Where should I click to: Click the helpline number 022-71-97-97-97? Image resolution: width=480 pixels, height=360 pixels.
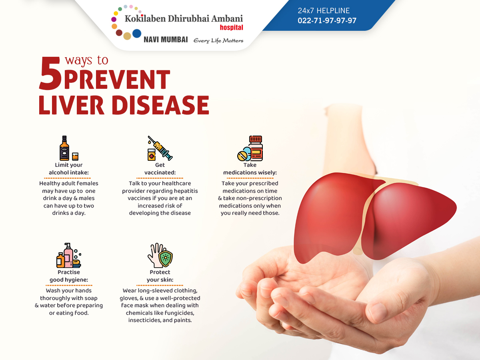tap(327, 20)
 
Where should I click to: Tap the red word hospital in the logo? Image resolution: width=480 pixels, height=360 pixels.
tap(231, 27)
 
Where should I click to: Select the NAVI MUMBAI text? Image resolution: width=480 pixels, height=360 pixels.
tap(166, 40)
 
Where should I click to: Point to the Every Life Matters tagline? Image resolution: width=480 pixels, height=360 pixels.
tap(218, 40)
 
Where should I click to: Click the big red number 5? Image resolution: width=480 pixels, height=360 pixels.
tap(50, 73)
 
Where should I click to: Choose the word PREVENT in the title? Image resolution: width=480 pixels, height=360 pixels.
tap(117, 79)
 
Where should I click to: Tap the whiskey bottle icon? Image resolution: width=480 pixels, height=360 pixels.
tap(64, 148)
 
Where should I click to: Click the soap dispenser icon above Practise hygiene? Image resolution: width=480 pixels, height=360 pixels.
tap(68, 255)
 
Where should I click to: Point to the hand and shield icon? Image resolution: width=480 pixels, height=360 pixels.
tap(160, 255)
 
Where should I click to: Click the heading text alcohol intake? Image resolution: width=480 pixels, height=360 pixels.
tap(69, 172)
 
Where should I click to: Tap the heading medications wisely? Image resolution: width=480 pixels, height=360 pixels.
tap(250, 172)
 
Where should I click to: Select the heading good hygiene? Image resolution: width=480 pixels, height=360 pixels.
tap(69, 280)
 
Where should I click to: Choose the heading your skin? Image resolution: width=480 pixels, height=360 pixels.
tap(160, 280)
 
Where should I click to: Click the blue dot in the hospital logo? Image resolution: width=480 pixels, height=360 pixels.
tap(137, 34)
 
